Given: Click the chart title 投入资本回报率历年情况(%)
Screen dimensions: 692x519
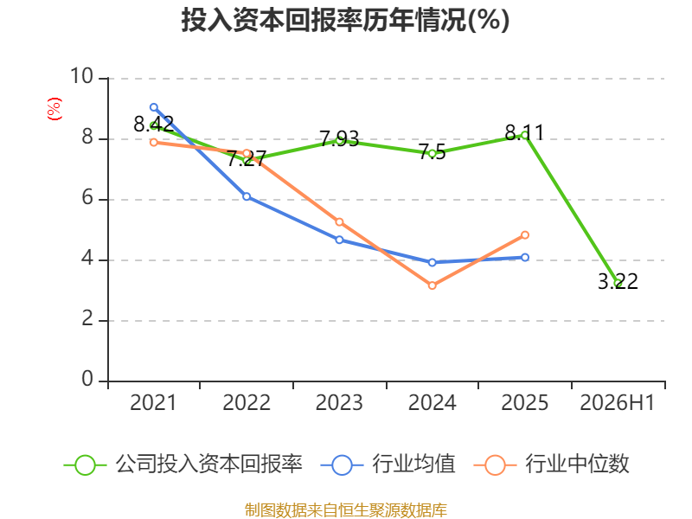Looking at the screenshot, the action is point(345,20).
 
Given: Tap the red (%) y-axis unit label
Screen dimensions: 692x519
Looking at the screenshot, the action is point(54,109).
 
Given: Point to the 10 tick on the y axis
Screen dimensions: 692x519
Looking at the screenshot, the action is point(81,76).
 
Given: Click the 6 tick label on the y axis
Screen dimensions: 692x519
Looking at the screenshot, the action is point(87,198).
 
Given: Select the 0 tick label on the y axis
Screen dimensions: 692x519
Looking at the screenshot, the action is point(87,379).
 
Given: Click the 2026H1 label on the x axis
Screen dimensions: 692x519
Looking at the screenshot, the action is point(618,402).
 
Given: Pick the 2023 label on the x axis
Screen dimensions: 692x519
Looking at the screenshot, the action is point(339,402).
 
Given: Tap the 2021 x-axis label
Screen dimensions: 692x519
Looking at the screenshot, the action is point(153,402).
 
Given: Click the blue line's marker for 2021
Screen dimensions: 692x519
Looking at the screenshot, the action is point(154,107).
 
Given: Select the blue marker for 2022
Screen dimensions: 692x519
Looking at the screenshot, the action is point(247,196).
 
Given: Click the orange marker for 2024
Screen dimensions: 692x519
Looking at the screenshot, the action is point(432,285).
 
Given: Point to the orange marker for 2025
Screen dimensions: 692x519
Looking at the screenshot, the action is point(525,234).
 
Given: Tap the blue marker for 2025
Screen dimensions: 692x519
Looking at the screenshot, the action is point(525,257).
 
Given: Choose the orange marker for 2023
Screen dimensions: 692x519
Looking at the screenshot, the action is point(339,222).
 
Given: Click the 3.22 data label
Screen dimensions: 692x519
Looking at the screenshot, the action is point(618,282).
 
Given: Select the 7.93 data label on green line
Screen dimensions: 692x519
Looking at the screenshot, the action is point(339,139).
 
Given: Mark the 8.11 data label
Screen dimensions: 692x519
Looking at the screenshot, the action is point(524,133).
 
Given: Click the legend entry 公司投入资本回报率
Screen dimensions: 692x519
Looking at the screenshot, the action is point(183,465).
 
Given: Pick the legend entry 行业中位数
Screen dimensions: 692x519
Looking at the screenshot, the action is point(551,465).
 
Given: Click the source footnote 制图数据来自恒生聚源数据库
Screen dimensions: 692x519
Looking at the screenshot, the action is point(345,510).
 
